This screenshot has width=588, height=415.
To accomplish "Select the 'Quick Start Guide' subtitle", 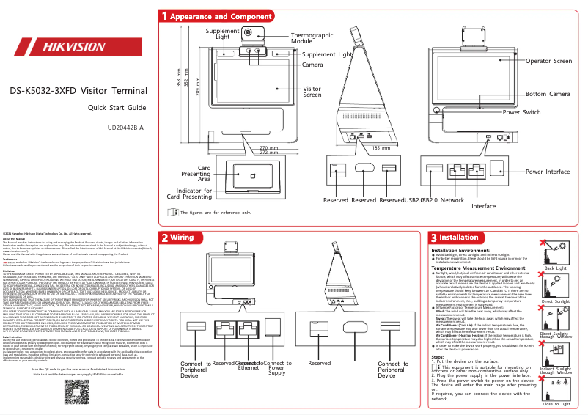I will [x=117, y=108].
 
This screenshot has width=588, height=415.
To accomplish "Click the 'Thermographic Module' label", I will [x=312, y=39].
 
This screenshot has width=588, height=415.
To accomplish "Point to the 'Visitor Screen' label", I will [x=312, y=92].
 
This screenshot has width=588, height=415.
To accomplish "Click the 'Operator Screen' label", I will [x=548, y=62].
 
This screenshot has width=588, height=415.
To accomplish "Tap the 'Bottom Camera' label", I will [x=548, y=94].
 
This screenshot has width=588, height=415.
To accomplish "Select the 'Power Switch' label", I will [x=521, y=112].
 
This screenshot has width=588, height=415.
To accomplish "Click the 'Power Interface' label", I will [x=548, y=172].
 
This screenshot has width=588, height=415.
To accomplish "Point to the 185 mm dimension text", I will [x=381, y=148].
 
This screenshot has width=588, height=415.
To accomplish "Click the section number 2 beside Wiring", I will [x=165, y=238].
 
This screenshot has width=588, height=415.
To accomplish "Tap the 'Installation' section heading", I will [x=458, y=238].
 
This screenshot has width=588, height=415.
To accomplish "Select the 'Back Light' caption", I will [x=555, y=268].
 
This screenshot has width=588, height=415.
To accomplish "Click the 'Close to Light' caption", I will [x=555, y=404].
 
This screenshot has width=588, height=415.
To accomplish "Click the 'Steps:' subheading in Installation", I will [x=440, y=336].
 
